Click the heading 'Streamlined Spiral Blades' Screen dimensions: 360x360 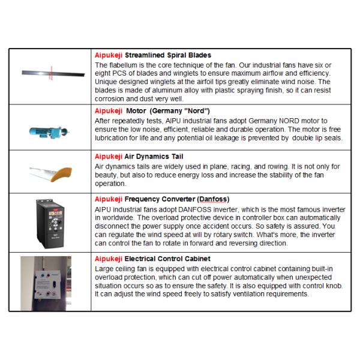(x=166, y=55)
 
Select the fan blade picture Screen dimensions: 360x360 (x=52, y=74)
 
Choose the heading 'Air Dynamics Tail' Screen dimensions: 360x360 (x=152, y=155)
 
